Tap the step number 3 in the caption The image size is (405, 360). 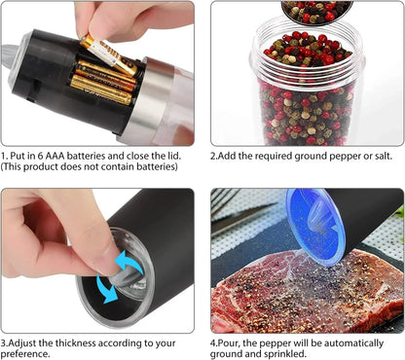pyautogui.click(x=4, y=343)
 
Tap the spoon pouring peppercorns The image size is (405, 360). pyautogui.click(x=317, y=10)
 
